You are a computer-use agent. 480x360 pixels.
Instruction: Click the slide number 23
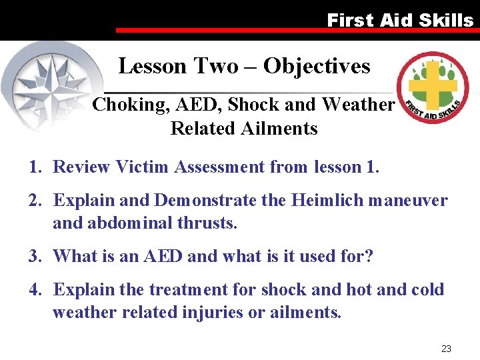(x=446, y=348)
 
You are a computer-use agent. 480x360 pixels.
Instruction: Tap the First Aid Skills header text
(x=400, y=20)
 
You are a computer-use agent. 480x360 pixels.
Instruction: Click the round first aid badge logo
(x=433, y=87)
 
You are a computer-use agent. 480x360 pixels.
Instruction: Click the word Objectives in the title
(x=317, y=66)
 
